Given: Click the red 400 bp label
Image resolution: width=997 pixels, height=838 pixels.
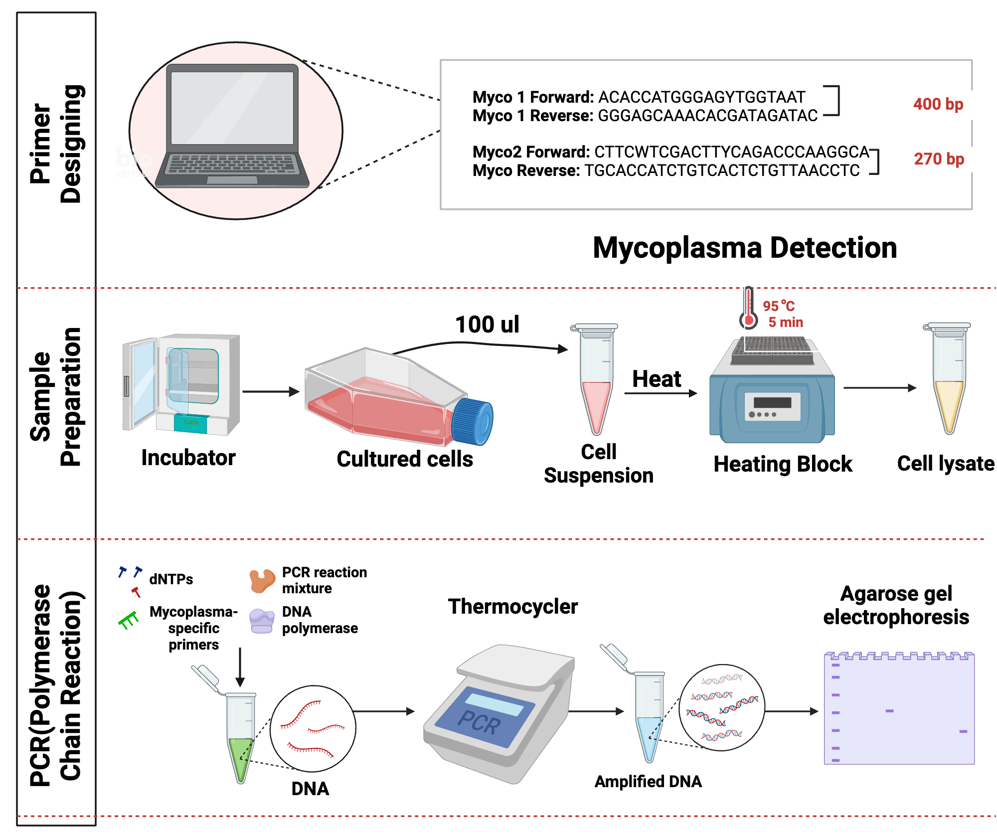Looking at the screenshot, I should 938,104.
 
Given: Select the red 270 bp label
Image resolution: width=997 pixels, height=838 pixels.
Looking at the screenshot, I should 939,159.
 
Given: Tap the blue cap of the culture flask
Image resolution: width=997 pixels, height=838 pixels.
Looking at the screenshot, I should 472,421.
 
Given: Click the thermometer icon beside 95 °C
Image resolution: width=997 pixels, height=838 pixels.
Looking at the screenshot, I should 748,310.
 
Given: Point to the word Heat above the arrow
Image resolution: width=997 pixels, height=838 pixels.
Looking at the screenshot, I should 656,379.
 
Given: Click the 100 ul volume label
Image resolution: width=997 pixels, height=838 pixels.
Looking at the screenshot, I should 487,325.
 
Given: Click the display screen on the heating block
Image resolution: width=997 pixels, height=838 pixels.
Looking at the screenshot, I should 772,403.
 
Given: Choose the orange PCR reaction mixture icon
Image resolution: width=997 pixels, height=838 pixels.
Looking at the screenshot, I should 262,581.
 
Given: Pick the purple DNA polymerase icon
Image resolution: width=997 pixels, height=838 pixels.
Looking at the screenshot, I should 262,621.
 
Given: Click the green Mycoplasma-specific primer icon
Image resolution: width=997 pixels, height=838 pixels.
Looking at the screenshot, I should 129,621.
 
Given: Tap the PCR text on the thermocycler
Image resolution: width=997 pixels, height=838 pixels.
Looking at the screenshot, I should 480,722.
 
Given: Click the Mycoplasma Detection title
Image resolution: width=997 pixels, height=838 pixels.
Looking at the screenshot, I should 745,248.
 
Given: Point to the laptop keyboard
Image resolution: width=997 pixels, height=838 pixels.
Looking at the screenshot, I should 232,164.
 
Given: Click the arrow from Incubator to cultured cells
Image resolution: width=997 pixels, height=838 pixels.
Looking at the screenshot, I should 270,392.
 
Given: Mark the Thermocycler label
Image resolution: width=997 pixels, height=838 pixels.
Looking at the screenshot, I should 512,607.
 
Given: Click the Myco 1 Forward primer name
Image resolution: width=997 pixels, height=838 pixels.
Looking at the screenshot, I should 532,97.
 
